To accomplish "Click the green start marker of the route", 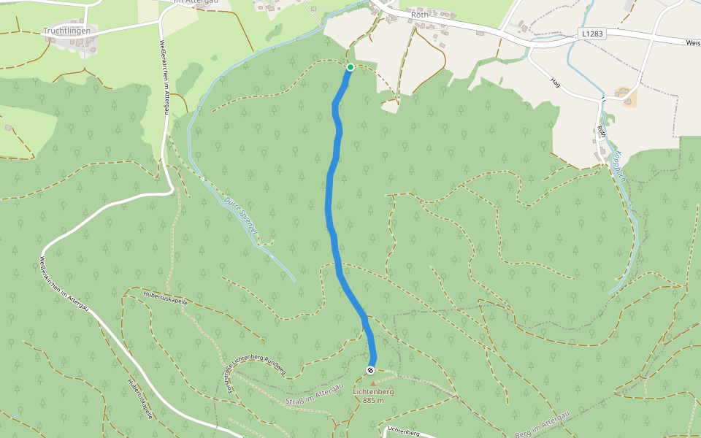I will pos(350,67).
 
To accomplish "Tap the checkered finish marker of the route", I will pos(371,370).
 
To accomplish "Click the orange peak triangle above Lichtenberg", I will pos(372,383).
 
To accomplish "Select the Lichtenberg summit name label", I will pos(373,392).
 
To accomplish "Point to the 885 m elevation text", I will pos(373,401).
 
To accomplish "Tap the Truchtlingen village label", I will pos(66,31).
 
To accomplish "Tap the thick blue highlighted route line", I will pos(330,197).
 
